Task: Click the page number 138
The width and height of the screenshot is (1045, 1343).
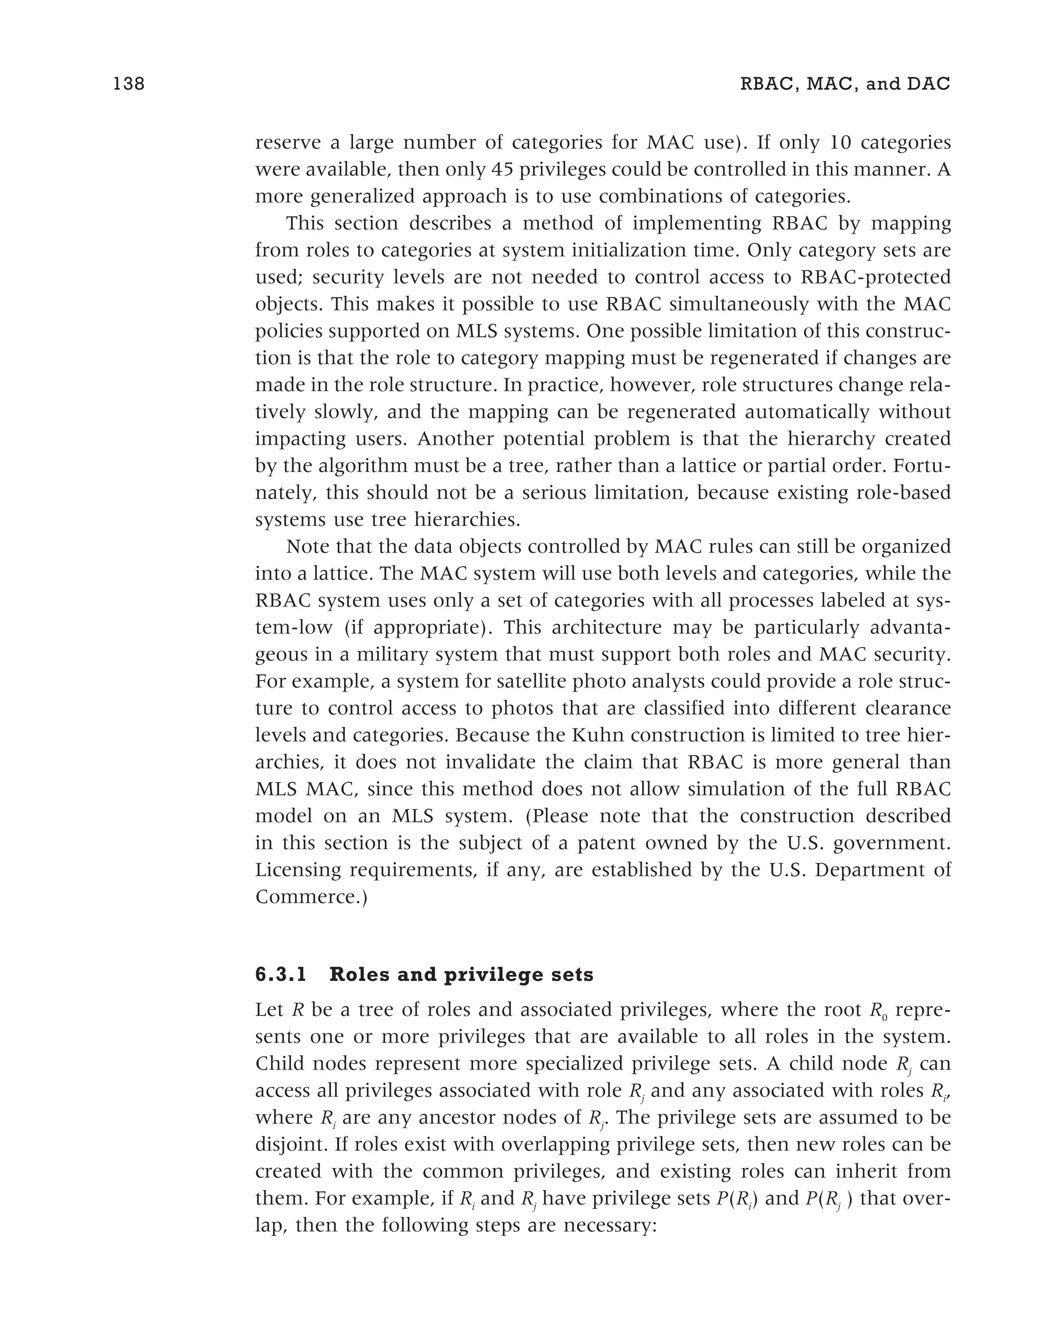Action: click(129, 84)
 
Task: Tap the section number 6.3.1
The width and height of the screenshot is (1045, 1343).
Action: click(281, 975)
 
